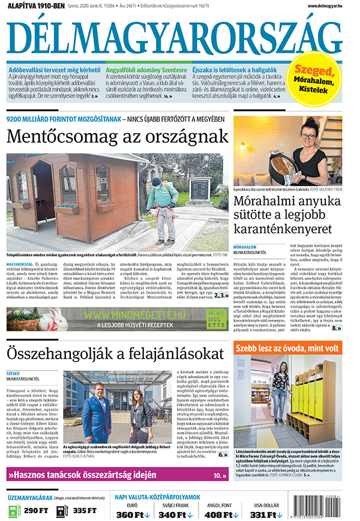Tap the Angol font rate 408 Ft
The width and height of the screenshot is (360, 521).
(x=220, y=514)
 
